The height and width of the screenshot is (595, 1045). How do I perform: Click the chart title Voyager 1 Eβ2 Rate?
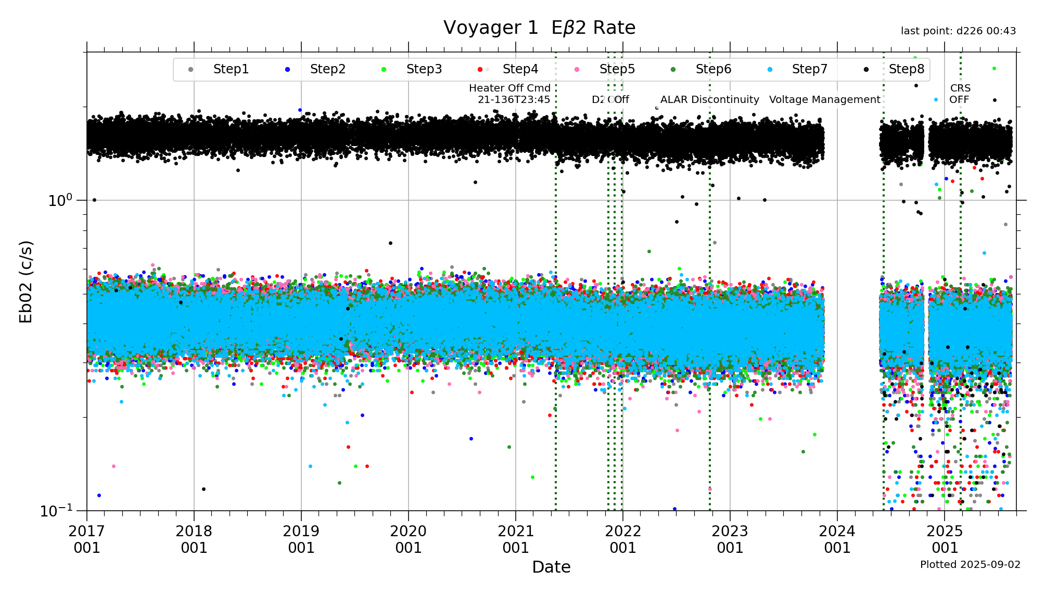coord(539,28)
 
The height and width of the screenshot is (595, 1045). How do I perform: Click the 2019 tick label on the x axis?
coord(301,539)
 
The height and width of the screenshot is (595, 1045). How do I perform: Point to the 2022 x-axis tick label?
coord(623,539)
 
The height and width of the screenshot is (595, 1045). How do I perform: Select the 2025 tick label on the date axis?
coord(945,539)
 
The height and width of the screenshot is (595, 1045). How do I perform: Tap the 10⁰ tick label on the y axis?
coord(60,200)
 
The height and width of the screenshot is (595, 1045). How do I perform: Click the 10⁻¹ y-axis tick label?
coord(56,511)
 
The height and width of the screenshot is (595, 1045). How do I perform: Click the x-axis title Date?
coord(551,567)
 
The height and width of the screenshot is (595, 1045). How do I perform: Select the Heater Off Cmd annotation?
coord(510,94)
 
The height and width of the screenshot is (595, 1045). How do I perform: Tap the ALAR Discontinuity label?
coord(709,99)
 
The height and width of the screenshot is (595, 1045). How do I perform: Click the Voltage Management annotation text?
coord(824,99)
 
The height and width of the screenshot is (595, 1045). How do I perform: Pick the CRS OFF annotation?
coord(960,94)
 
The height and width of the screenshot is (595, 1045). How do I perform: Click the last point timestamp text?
coord(958,31)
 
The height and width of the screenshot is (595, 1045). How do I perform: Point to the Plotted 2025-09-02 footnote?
coord(970,564)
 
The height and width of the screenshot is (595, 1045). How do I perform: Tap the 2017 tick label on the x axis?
coord(87,539)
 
